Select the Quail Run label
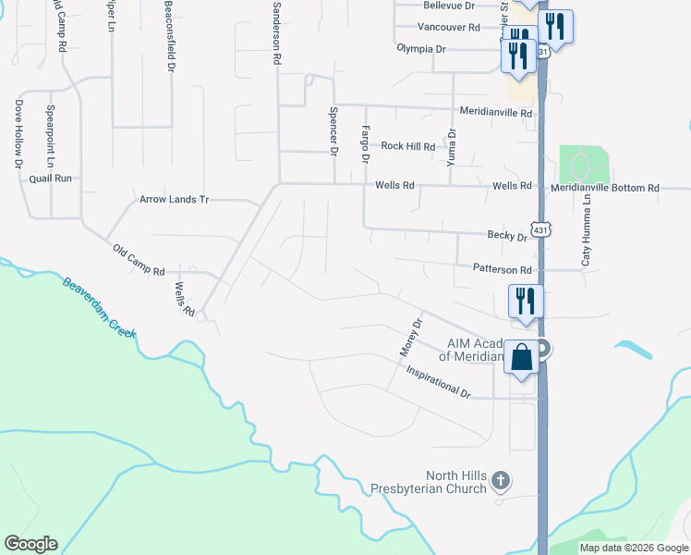(x=50, y=178)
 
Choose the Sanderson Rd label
(x=274, y=32)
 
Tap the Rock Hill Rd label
(x=407, y=146)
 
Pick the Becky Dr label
(x=507, y=237)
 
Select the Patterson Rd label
(x=503, y=270)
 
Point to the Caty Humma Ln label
(x=586, y=231)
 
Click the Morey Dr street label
(x=410, y=339)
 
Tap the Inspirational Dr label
(x=438, y=381)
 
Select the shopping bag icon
(x=522, y=356)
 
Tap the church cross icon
(x=500, y=480)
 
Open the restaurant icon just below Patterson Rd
(x=525, y=301)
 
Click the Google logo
(x=30, y=544)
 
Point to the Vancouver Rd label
(x=448, y=27)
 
